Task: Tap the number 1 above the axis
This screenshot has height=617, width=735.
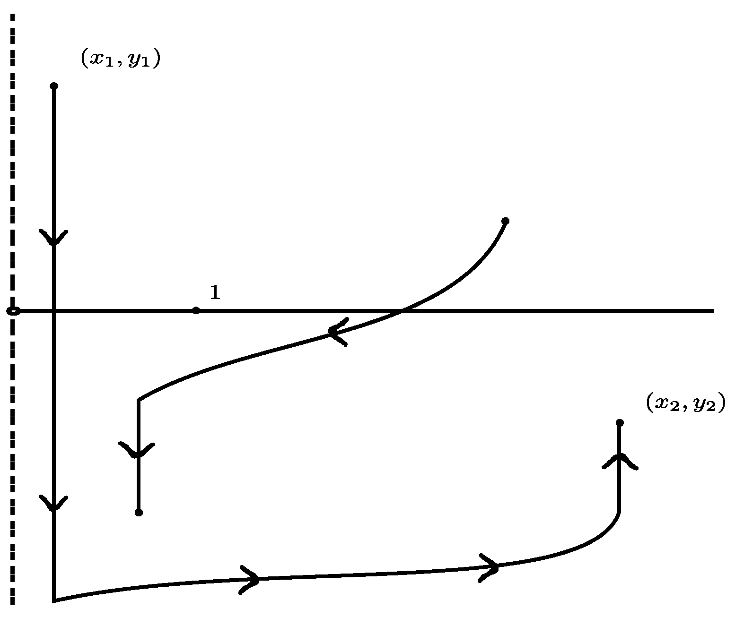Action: pos(215,293)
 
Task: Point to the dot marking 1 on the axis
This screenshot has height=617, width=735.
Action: pos(196,310)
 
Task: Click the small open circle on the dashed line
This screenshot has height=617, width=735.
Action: pos(14,311)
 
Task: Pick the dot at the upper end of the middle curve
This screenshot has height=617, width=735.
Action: pos(505,221)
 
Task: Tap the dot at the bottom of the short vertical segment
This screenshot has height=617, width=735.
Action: pos(139,512)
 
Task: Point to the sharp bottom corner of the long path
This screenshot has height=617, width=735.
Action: pos(54,600)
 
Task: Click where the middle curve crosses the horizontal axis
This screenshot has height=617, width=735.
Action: pos(402,310)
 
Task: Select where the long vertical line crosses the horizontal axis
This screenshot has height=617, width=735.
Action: pos(53,311)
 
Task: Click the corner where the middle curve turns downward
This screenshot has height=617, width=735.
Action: pos(139,400)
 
